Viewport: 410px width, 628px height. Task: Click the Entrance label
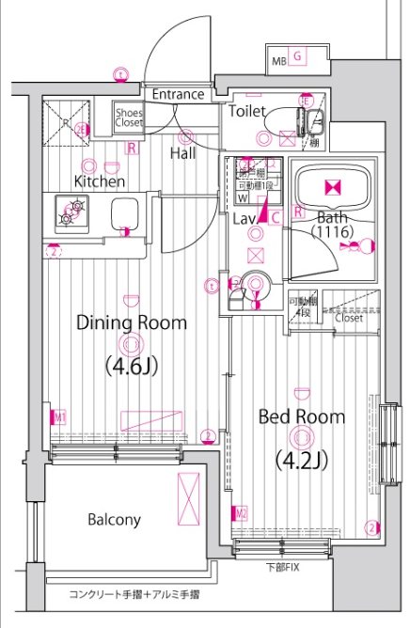178,94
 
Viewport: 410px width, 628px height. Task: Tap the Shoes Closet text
129,117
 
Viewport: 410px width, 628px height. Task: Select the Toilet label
246,111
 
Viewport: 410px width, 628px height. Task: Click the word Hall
183,152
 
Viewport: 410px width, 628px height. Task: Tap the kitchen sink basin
126,214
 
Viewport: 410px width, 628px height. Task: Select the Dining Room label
131,322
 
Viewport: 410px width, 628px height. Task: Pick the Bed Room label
301,416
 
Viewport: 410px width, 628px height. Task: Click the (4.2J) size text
301,461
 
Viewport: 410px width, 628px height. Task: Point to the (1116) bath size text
331,231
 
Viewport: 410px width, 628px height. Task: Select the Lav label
244,218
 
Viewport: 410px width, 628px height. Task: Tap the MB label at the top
278,62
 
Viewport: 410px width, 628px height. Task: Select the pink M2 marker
241,513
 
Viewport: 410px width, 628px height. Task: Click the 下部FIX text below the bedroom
281,568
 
